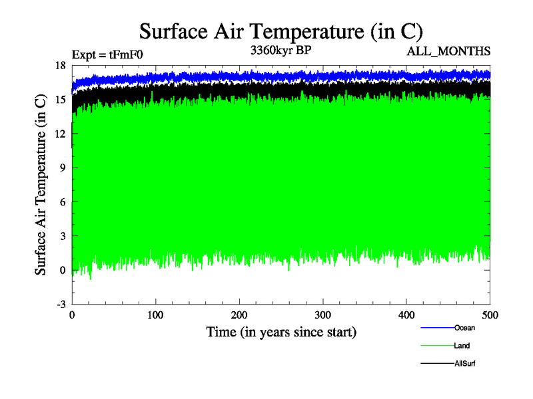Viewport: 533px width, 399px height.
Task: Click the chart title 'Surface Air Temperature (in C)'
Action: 280,31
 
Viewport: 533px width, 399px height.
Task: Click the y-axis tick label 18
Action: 60,65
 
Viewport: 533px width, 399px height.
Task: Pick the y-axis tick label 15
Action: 60,99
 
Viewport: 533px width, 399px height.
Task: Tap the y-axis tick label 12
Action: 60,134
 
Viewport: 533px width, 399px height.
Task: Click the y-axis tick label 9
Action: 63,168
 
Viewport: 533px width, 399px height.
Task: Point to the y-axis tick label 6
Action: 63,201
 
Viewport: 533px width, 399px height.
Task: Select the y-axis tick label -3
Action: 61,304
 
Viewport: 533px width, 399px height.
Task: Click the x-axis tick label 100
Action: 155,315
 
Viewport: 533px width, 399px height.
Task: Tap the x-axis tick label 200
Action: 239,315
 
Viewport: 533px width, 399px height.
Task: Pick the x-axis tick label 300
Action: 322,315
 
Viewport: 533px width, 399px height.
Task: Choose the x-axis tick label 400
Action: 406,315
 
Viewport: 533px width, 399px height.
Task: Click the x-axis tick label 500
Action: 490,315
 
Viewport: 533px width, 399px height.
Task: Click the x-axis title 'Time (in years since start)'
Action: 281,331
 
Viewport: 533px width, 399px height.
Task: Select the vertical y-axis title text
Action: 41,185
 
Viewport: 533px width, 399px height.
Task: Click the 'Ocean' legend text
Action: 464,327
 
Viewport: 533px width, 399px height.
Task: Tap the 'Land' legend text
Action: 462,345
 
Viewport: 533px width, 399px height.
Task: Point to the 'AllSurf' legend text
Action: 465,363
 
